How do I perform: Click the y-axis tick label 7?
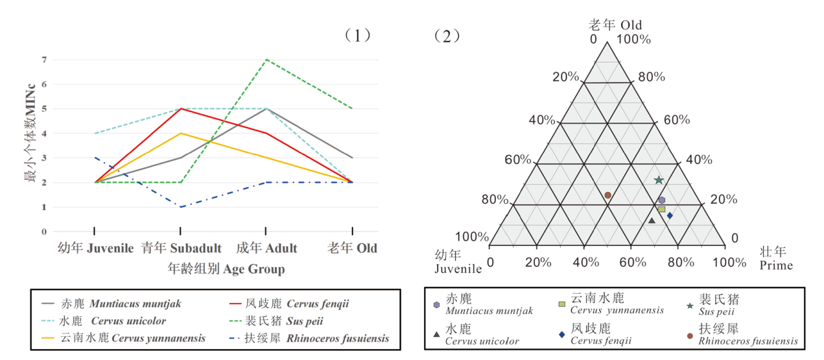[45, 60]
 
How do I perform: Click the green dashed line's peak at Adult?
[266, 60]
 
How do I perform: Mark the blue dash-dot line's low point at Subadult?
[180, 207]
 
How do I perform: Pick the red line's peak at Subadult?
[180, 108]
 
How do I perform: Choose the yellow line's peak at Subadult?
[180, 133]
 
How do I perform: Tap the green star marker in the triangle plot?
[659, 180]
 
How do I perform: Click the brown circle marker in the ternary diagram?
[607, 195]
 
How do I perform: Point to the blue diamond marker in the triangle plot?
[670, 215]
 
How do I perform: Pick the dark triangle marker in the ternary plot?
[652, 221]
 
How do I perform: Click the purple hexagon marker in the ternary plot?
[662, 200]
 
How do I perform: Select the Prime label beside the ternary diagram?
[776, 265]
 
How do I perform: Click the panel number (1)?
[358, 35]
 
